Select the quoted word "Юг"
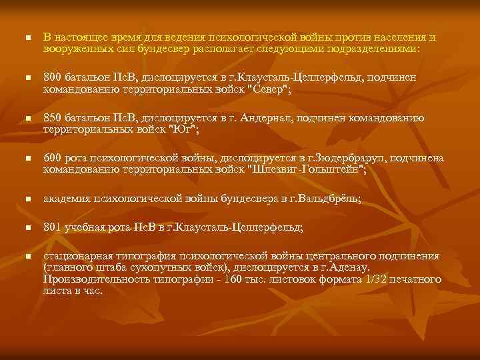pos(184,129)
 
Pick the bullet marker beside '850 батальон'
pos(27,119)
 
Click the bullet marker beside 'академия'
pos(27,199)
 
